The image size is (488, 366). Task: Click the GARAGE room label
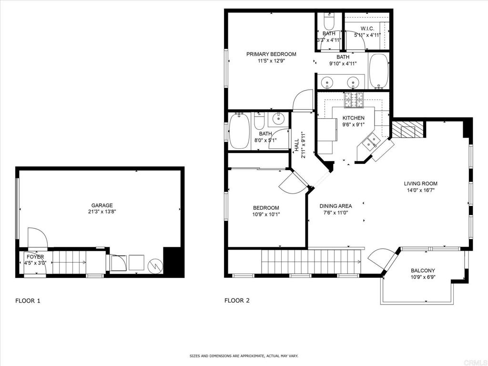click(x=102, y=205)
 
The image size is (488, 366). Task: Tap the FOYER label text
click(x=35, y=257)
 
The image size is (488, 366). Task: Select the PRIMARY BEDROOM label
click(x=271, y=54)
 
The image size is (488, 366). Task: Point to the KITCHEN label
click(x=353, y=118)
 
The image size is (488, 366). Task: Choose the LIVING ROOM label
click(x=421, y=183)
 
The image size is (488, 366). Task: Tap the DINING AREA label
click(x=336, y=206)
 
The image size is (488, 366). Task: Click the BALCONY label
click(x=423, y=271)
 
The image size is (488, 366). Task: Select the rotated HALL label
click(x=296, y=146)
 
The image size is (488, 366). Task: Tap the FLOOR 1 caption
click(x=28, y=301)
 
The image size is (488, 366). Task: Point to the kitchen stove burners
click(x=354, y=100)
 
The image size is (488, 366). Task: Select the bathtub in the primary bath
click(x=379, y=71)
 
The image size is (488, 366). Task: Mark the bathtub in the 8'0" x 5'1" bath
click(x=239, y=131)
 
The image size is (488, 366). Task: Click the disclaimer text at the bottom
click(x=244, y=356)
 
